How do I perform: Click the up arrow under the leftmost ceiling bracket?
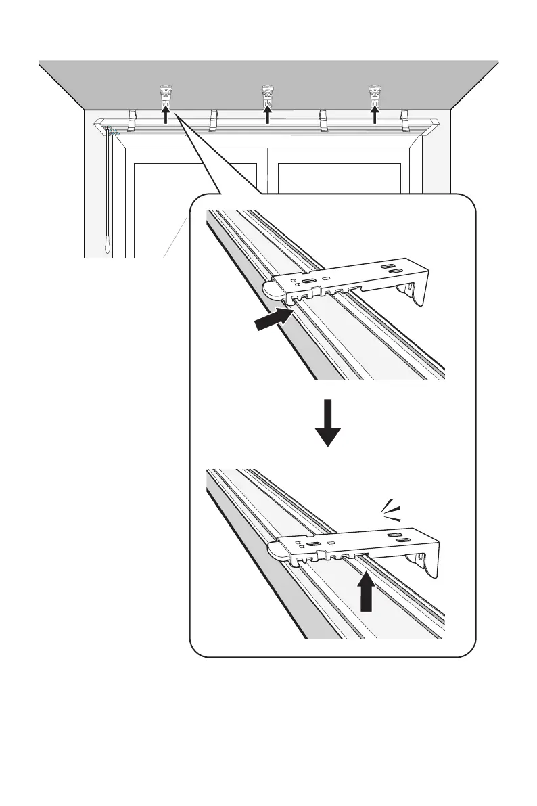click(x=165, y=114)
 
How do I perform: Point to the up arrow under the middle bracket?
click(x=267, y=114)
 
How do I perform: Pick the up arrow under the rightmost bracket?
click(x=375, y=114)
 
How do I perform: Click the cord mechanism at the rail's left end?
click(x=111, y=131)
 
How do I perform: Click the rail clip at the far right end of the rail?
click(x=406, y=120)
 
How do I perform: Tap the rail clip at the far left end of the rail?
click(x=133, y=120)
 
